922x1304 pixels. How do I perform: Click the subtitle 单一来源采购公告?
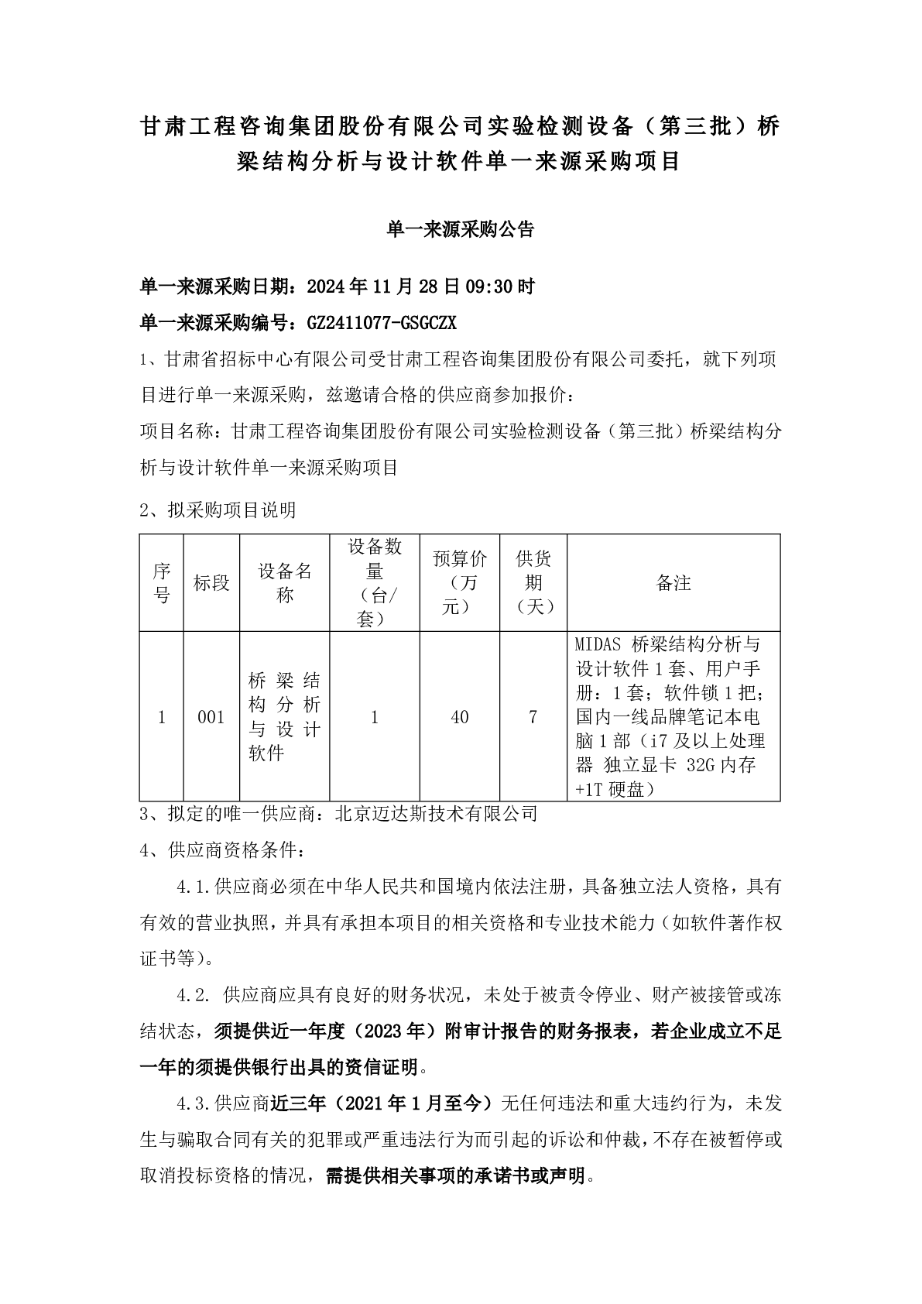460,230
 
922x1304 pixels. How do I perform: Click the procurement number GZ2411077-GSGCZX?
382,322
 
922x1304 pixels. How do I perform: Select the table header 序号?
161,583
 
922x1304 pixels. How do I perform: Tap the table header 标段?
211,583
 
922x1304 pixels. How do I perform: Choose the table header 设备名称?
285,583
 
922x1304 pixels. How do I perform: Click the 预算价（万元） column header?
460,583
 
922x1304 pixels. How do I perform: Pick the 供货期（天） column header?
533,583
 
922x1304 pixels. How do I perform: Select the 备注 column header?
673,583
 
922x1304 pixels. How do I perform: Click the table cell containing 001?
211,717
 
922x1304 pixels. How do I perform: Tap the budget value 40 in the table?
460,717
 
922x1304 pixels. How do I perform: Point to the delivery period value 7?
533,717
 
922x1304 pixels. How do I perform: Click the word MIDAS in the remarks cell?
600,643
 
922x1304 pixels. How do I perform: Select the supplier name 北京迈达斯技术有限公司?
436,813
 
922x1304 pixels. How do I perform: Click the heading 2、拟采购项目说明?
218,510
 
